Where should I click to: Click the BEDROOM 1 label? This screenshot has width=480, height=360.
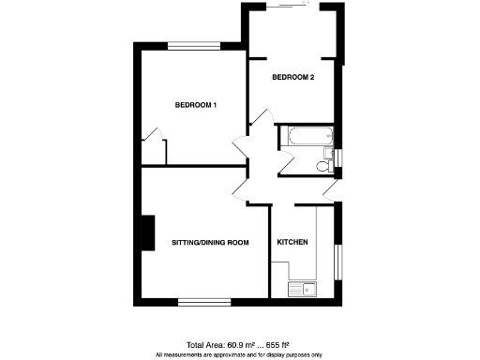[196, 105]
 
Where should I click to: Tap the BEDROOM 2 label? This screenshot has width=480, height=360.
[292, 77]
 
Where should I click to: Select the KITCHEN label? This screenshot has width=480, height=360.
[292, 243]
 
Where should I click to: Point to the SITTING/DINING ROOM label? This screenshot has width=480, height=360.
[210, 243]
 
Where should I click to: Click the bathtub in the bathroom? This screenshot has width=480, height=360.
[306, 137]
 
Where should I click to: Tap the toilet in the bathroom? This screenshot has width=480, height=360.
[323, 166]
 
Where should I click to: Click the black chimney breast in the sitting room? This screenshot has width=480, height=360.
[146, 233]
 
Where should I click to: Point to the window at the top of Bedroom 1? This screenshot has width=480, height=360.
[194, 44]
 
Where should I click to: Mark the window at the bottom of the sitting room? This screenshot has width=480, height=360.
[203, 302]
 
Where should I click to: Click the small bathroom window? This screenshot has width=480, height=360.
[339, 160]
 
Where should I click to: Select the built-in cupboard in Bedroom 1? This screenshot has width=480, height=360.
[154, 149]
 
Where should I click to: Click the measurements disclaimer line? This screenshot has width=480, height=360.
[239, 355]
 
